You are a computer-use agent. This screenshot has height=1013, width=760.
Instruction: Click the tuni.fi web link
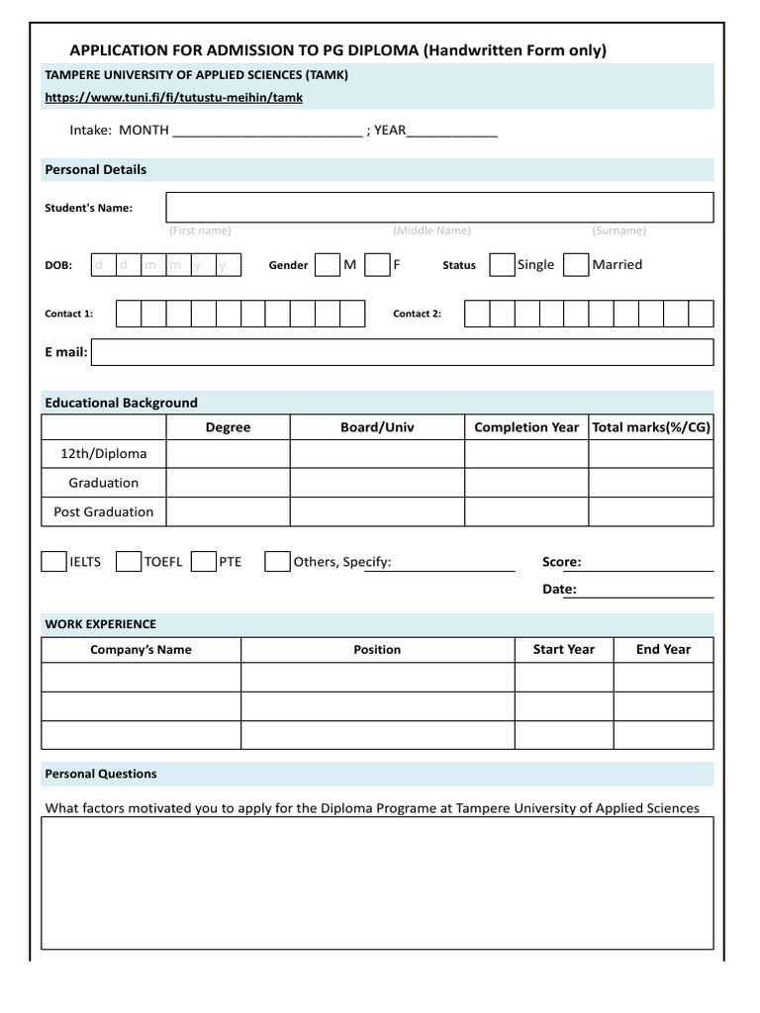(173, 97)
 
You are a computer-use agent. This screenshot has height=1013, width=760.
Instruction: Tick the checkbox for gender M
(327, 265)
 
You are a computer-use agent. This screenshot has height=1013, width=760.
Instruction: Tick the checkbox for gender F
(376, 265)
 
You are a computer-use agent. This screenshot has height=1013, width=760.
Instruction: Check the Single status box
(502, 264)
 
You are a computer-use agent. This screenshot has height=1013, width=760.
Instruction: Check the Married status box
(575, 264)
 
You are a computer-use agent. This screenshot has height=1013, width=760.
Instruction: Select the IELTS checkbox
(53, 562)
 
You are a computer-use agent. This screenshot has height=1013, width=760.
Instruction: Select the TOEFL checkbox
(129, 562)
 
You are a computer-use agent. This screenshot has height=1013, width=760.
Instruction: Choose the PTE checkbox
(204, 562)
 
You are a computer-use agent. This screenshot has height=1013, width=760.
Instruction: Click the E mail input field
(402, 352)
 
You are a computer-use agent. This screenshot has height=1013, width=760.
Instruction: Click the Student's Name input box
(439, 208)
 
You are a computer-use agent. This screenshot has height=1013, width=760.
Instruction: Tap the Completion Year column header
(526, 427)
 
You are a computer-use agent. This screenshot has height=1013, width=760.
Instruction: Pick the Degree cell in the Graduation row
(228, 483)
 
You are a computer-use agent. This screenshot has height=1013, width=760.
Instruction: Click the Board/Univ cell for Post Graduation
(377, 511)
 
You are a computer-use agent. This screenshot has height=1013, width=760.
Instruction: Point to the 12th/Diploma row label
(103, 454)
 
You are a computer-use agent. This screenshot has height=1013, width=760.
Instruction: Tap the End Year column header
(663, 650)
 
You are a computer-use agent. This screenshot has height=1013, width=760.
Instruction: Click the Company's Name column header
(141, 650)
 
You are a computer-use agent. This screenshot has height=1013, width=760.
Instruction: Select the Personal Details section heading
(95, 169)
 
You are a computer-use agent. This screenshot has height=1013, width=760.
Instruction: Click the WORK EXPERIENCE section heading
(100, 624)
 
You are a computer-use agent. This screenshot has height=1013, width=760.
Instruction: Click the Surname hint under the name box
(618, 230)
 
